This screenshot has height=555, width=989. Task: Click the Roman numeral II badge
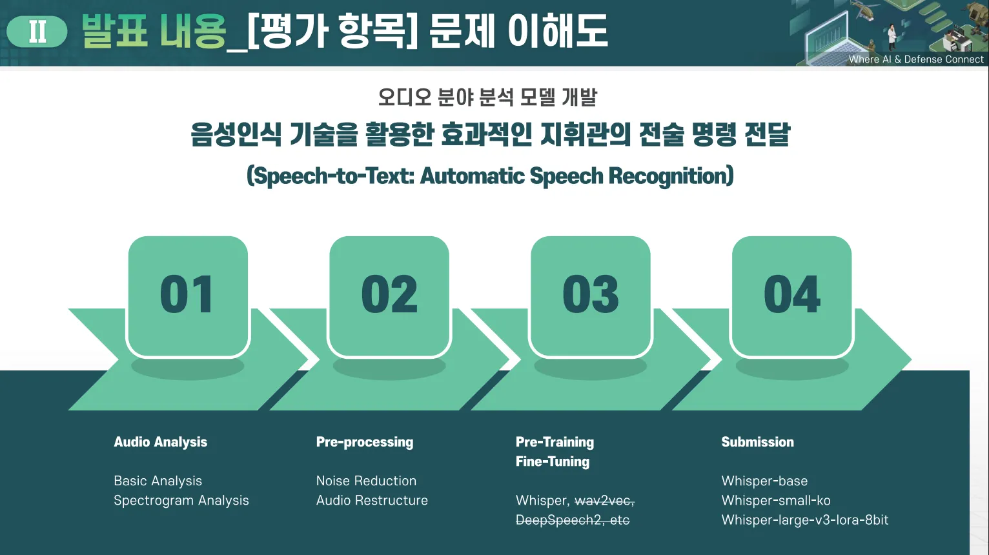point(37,32)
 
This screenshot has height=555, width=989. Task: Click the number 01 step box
point(188,296)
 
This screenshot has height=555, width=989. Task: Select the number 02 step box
point(389,296)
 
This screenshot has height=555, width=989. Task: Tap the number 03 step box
point(591,296)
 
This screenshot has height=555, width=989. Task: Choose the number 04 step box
point(792,296)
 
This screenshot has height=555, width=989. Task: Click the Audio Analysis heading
point(161,442)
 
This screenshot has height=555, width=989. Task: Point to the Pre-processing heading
point(365,442)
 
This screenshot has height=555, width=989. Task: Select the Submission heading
point(758,442)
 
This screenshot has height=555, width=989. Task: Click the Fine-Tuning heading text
point(553,461)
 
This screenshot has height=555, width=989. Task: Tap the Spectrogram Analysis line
point(181,501)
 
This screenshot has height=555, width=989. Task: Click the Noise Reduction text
point(367,481)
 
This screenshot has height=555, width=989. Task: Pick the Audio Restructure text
point(372,500)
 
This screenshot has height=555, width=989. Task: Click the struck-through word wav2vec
point(604,501)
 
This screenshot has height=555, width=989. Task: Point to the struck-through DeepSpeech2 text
point(558,520)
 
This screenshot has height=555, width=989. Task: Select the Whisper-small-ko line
point(776,501)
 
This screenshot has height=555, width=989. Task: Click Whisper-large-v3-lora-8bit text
point(805,520)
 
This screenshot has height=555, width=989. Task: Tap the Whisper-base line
point(765,481)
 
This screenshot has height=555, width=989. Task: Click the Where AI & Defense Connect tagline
point(916,59)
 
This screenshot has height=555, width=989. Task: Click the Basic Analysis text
point(158,481)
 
